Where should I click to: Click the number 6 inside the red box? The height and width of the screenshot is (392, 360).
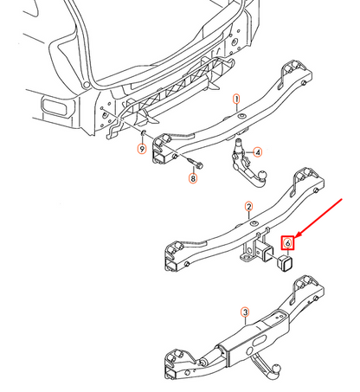(x=287, y=245)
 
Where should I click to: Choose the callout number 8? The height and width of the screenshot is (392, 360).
(x=193, y=179)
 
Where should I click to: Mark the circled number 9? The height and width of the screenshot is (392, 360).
(x=142, y=150)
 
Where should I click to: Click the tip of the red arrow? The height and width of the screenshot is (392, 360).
(x=297, y=235)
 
